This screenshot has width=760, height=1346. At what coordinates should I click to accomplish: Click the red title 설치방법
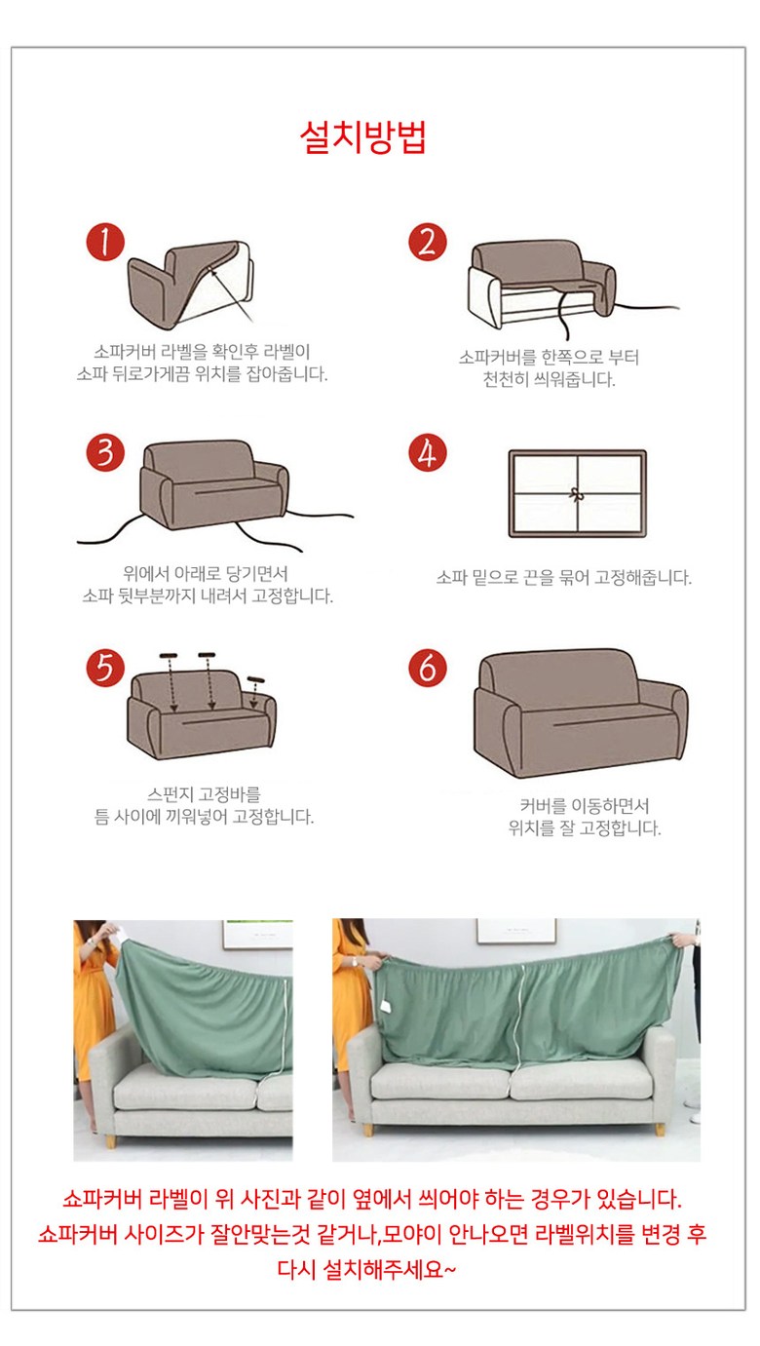pos(362,138)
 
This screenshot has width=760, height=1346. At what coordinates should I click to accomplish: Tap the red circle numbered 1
pos(105,242)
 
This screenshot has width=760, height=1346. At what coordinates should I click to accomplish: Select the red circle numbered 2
pos(427,242)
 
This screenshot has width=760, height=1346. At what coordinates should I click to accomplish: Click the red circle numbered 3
pos(105,452)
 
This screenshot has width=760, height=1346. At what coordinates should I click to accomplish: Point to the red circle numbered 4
pos(427,452)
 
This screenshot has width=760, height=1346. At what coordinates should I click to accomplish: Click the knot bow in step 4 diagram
pos(576,494)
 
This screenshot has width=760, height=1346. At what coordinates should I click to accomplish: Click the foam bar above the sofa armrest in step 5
pos(255,679)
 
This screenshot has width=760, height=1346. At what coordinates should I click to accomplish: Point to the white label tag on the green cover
pos(386,1005)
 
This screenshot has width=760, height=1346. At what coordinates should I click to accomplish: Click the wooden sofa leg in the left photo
pos(110,1141)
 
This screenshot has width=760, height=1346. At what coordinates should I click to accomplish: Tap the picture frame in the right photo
pos(516,931)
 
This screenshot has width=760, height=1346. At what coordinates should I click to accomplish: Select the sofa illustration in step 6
pos(581,712)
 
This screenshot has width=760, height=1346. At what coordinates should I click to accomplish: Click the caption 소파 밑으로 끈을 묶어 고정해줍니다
pos(563,578)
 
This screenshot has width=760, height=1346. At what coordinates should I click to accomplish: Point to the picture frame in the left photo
pos(256,935)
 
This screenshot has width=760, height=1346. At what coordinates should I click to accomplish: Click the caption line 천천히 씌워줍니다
pos(550,379)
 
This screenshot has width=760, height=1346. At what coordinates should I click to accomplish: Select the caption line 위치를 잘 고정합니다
pos(584,828)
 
